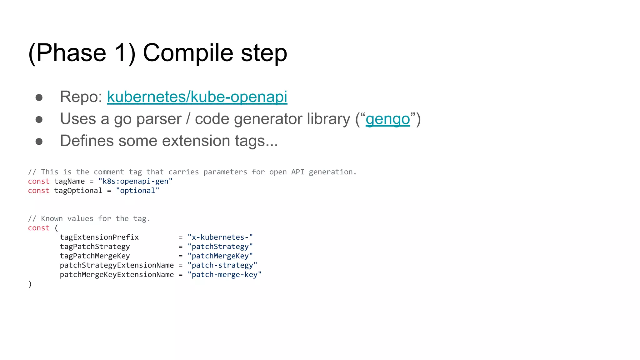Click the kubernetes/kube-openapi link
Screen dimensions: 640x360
[x=197, y=97]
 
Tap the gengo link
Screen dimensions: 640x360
[x=387, y=119]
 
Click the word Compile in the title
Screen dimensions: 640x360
[x=188, y=53]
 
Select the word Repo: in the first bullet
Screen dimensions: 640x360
[x=81, y=97]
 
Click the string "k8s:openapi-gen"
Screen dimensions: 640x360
[x=135, y=181]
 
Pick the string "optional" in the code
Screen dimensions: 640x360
[x=137, y=191]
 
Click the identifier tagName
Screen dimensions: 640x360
[x=69, y=181]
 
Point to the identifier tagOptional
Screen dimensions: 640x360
[x=78, y=191]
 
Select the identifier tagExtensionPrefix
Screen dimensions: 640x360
[x=99, y=237]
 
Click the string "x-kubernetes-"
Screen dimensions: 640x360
[x=220, y=237]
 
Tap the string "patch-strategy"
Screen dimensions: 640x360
[x=222, y=265]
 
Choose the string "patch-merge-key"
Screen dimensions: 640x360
[x=224, y=275]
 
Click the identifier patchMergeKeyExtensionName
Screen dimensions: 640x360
[x=117, y=275]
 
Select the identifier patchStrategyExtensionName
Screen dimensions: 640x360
[x=117, y=265]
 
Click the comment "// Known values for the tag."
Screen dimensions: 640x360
[x=89, y=219]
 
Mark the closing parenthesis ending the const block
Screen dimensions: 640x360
[x=30, y=284]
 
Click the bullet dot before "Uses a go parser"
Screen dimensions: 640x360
[x=39, y=120]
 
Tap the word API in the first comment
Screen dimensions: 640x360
[x=297, y=172]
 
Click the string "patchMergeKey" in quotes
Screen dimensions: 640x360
[x=220, y=256]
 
